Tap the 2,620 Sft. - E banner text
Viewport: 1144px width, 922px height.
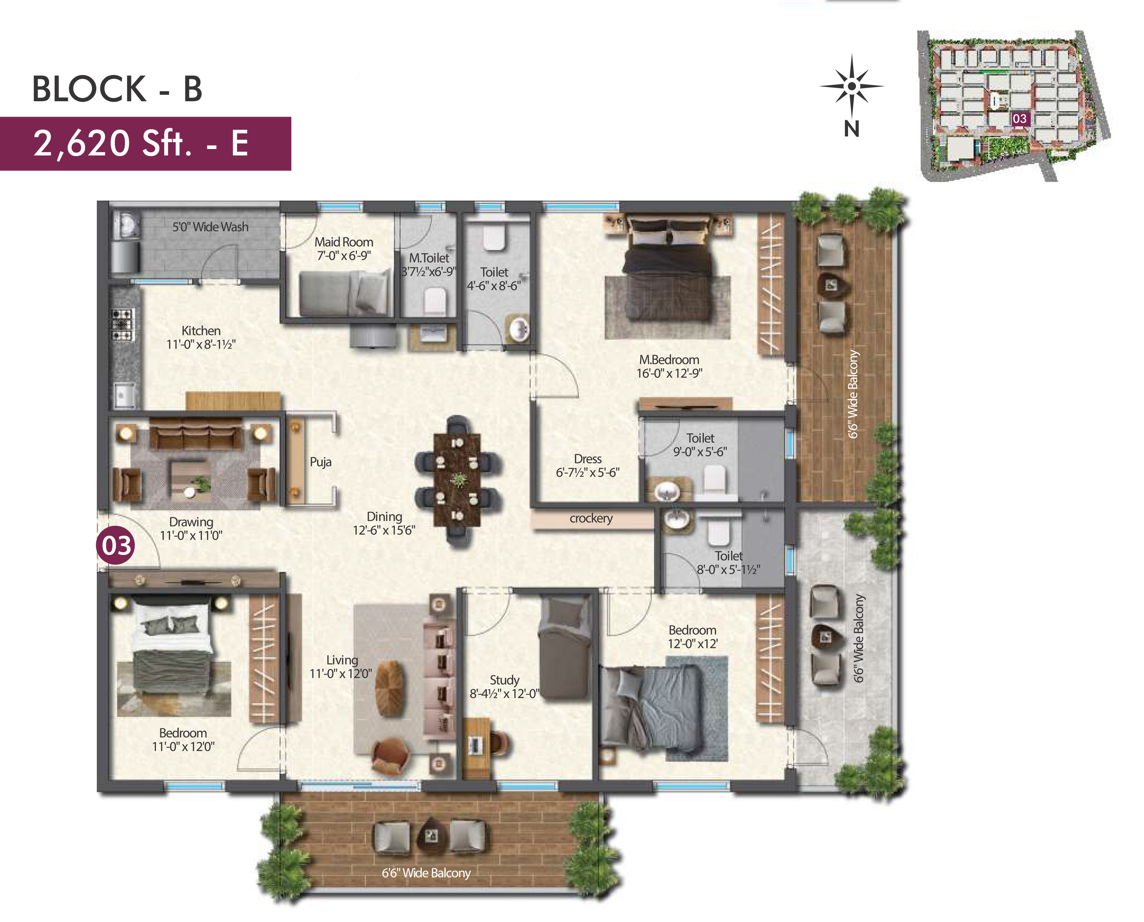(141, 143)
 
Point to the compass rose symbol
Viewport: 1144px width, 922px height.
(852, 87)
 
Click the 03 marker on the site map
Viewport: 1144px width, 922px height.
(1019, 118)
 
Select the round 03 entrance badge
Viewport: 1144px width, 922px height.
(116, 545)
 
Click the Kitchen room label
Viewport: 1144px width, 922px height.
(201, 330)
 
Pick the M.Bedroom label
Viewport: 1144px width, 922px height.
(669, 359)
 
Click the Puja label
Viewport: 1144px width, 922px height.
(320, 462)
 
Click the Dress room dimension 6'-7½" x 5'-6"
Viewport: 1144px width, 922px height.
(587, 472)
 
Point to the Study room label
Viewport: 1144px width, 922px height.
(504, 680)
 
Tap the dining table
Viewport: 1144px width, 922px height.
(457, 480)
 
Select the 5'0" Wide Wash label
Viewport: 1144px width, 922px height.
(210, 227)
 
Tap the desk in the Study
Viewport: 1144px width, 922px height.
(477, 748)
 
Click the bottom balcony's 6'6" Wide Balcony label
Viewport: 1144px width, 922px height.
(426, 872)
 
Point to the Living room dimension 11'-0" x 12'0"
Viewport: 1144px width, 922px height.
(341, 674)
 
